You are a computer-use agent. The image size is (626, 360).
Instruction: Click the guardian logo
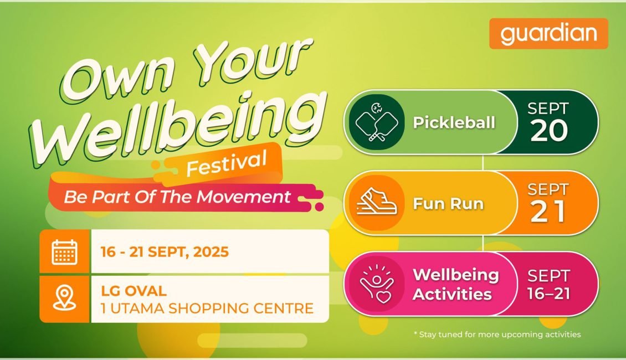pyautogui.click(x=548, y=34)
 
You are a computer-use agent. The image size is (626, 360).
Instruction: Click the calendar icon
pyautogui.click(x=65, y=252)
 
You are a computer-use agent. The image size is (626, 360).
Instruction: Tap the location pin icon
pyautogui.click(x=65, y=297)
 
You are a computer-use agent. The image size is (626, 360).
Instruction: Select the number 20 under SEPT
pyautogui.click(x=549, y=130)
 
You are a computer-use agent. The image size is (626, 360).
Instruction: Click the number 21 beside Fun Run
pyautogui.click(x=548, y=211)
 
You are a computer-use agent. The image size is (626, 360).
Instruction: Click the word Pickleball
pyautogui.click(x=454, y=122)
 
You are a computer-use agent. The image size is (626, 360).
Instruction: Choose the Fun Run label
pyautogui.click(x=448, y=203)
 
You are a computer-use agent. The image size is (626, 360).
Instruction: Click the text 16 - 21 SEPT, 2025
pyautogui.click(x=165, y=252)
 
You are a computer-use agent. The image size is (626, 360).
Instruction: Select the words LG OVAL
pyautogui.click(x=134, y=290)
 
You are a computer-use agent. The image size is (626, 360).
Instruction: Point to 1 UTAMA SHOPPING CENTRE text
pyautogui.click(x=207, y=308)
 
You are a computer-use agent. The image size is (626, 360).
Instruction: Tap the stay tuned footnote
pyautogui.click(x=497, y=335)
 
